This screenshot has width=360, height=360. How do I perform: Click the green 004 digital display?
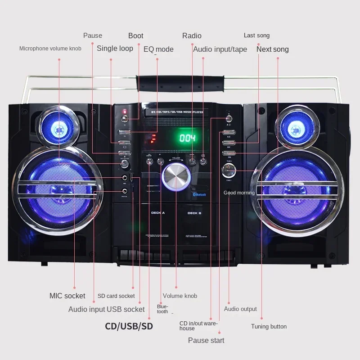point(188,138)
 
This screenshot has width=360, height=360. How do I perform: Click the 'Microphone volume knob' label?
point(50,48)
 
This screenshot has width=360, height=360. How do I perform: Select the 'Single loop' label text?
point(115,48)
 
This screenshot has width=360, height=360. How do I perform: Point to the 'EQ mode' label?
point(158,49)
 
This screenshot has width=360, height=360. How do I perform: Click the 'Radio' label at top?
point(192,36)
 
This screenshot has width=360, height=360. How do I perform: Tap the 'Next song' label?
point(273,49)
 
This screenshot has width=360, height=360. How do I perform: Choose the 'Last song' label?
point(256,36)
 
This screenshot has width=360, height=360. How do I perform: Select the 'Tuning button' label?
point(269,327)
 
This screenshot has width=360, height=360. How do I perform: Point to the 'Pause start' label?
point(206,340)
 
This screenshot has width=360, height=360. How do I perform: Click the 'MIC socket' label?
point(67,296)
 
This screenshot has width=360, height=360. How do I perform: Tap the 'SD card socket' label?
point(116,296)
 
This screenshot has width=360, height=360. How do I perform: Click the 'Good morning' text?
point(239,193)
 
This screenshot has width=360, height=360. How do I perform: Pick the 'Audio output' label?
point(240,309)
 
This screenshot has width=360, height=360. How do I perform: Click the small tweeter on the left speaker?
point(57,128)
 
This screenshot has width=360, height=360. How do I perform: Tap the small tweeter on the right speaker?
point(296,127)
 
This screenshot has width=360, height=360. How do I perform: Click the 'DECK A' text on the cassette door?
point(157,213)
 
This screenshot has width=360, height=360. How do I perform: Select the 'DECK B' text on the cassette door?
point(194,213)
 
